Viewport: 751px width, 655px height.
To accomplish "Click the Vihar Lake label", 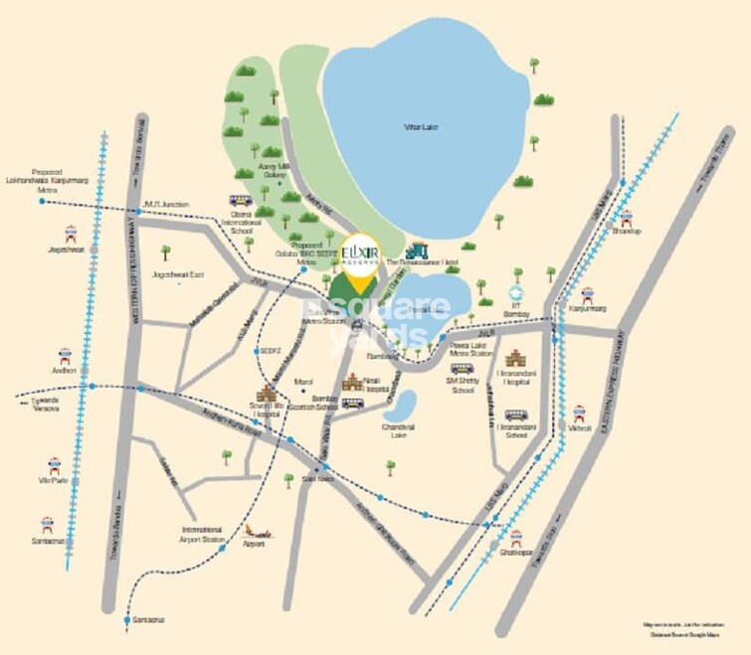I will pyautogui.click(x=421, y=127).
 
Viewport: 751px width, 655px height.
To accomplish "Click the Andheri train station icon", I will pyautogui.click(x=66, y=356).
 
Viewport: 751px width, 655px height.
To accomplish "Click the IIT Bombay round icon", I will pyautogui.click(x=515, y=292).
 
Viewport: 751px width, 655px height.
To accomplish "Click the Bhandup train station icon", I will pyautogui.click(x=626, y=220).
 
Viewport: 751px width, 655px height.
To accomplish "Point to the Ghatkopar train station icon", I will pyautogui.click(x=515, y=538).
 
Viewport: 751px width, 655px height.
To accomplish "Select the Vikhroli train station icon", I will pyautogui.click(x=579, y=411).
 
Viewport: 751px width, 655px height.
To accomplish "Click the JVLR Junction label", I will pyautogui.click(x=166, y=204).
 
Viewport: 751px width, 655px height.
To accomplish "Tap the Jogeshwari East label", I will pyautogui.click(x=178, y=269).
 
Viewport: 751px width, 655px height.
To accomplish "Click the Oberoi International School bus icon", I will pyautogui.click(x=240, y=201).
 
